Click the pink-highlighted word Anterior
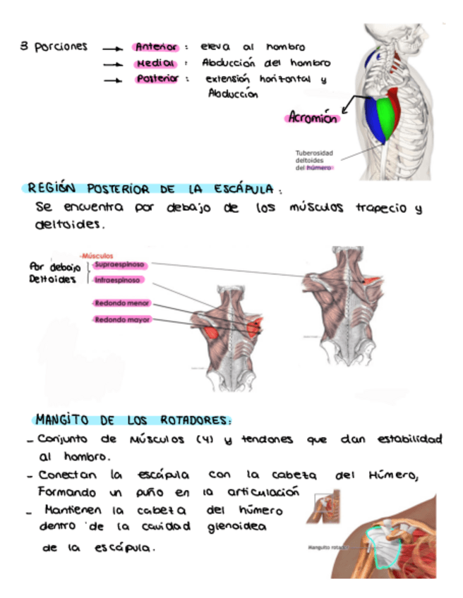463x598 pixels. [x=156, y=47]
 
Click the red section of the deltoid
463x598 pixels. [x=397, y=102]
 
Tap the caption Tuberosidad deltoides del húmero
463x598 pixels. [x=314, y=160]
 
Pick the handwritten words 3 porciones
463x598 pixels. [x=54, y=47]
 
